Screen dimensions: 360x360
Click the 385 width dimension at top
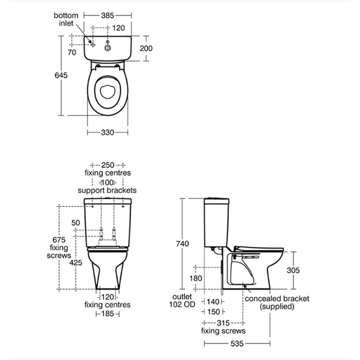point(107,15)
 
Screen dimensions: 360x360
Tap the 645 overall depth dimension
point(61,75)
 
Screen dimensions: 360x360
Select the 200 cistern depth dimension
point(146,48)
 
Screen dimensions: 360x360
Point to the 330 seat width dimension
point(107,133)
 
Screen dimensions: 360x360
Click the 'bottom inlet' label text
point(66,19)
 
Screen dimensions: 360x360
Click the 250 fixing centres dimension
point(107,165)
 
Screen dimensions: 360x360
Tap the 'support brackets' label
point(107,190)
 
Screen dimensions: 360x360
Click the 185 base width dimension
point(107,313)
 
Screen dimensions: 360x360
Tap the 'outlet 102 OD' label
point(182,300)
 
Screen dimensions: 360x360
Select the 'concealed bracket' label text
point(277,298)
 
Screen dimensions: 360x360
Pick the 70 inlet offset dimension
point(71,52)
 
